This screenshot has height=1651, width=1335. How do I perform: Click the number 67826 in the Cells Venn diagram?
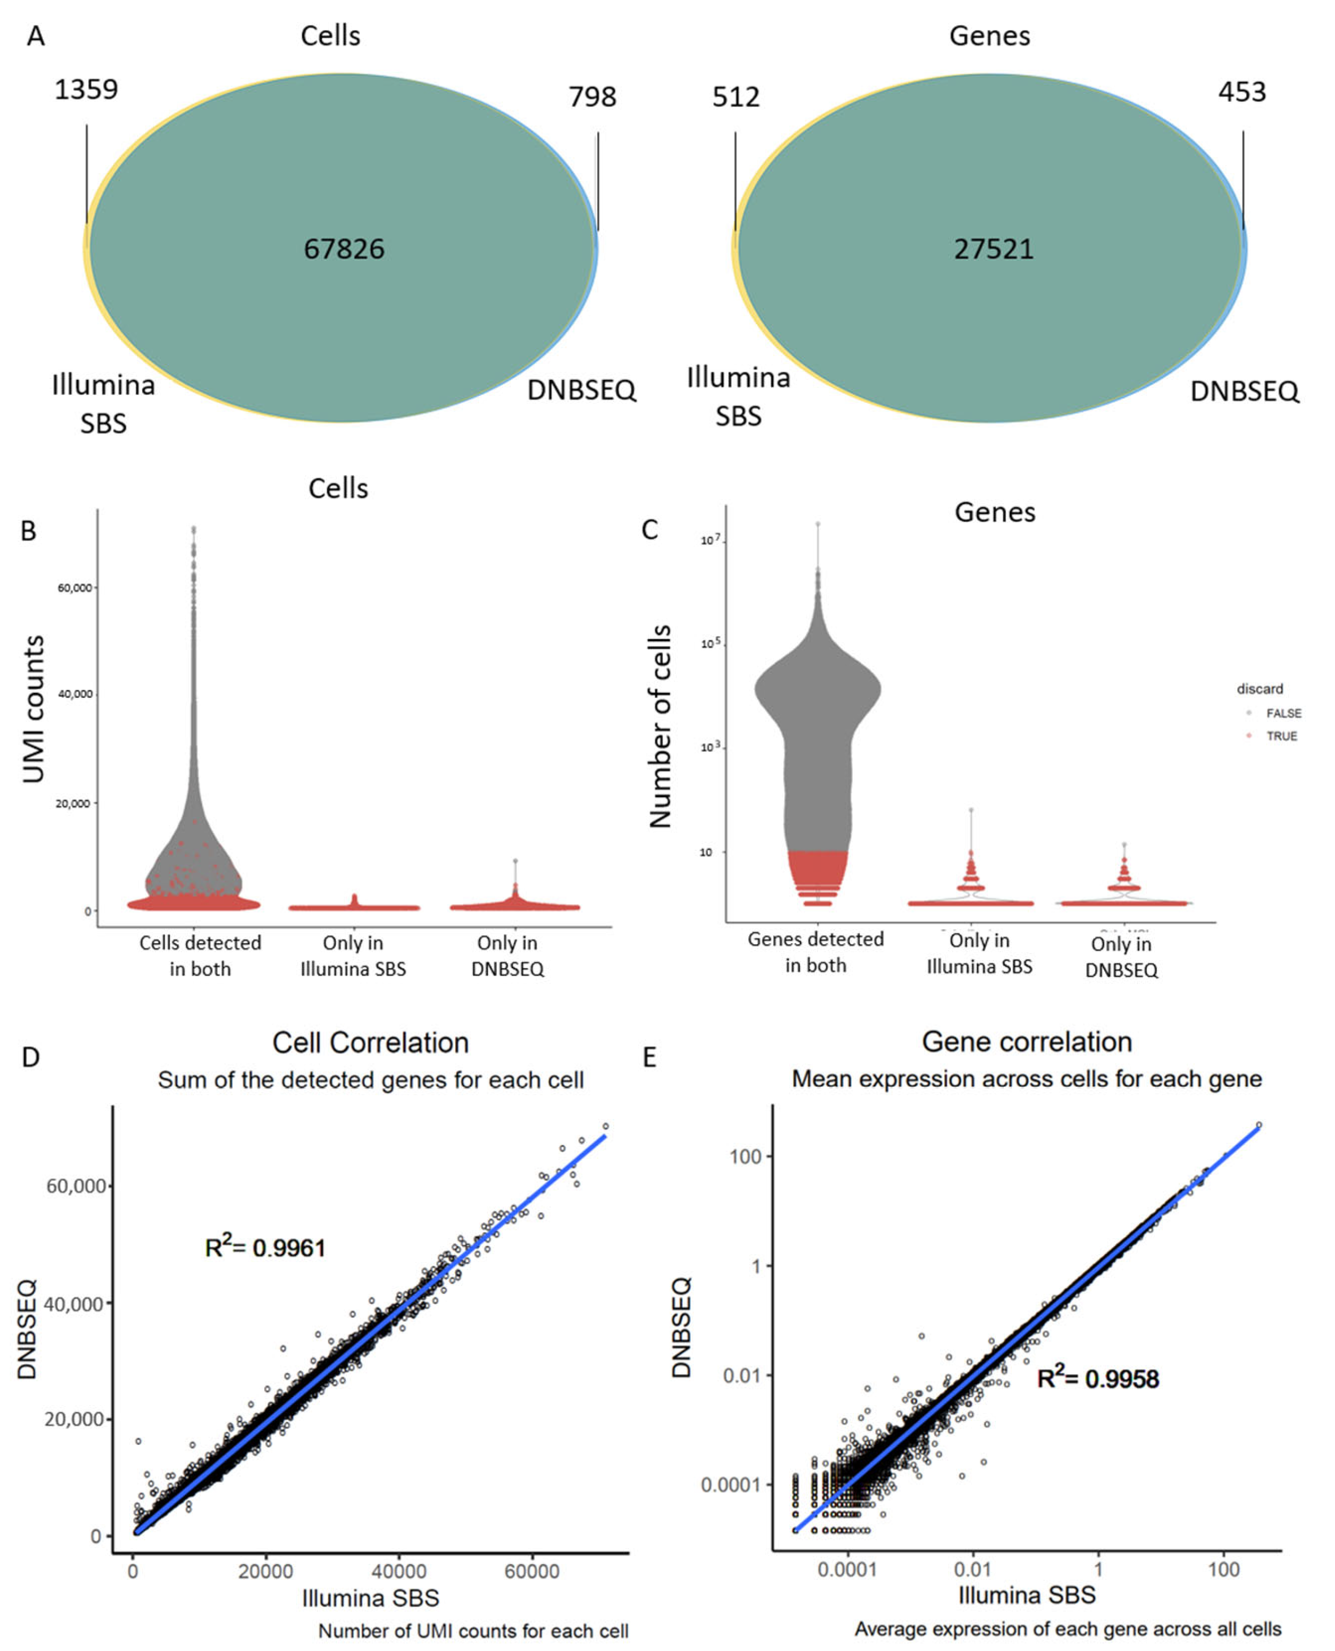click(344, 249)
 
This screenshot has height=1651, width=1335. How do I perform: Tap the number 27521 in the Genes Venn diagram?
click(993, 249)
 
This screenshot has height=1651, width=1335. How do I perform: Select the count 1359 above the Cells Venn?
click(86, 90)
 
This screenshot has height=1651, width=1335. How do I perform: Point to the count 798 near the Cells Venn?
click(592, 97)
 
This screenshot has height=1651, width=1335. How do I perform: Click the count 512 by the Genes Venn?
click(736, 97)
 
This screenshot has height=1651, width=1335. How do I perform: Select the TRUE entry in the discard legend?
click(1281, 736)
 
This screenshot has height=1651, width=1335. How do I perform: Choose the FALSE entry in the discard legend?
click(1283, 713)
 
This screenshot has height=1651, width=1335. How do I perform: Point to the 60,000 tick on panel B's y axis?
click(74, 588)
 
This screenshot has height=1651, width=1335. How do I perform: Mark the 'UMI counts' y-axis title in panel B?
click(34, 709)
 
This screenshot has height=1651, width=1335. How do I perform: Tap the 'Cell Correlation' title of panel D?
click(371, 1043)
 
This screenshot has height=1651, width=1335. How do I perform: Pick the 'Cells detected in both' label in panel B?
click(200, 955)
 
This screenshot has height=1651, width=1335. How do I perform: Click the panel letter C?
click(650, 529)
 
